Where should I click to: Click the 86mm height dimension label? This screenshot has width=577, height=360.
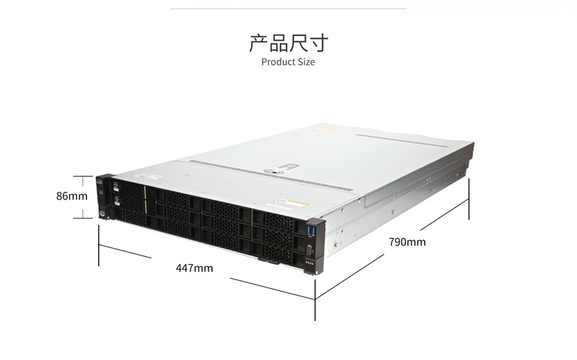point(71,196)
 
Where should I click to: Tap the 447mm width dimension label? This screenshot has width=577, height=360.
point(194,268)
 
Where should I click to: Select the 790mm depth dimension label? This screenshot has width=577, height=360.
point(408,242)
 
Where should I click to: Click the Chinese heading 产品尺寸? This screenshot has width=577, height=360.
point(288,43)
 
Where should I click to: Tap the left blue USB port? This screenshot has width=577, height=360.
point(309,231)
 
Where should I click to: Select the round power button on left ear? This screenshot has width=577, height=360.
point(101,214)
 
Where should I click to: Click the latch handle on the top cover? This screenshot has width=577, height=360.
point(281,169)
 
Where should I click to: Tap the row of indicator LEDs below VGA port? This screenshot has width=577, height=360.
point(309,264)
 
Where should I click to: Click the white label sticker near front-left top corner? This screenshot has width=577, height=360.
point(150,177)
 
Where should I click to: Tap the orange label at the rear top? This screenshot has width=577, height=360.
point(326,128)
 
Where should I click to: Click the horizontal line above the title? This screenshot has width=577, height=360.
point(288,9)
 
